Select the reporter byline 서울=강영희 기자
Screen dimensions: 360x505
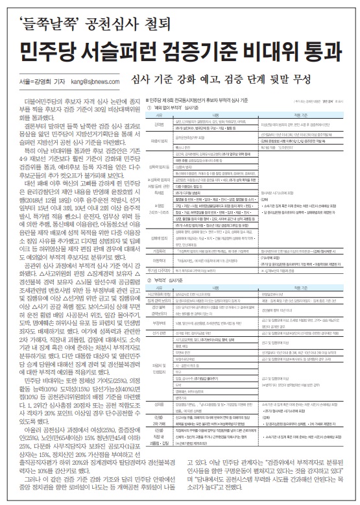pyautogui.click(x=45, y=82)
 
